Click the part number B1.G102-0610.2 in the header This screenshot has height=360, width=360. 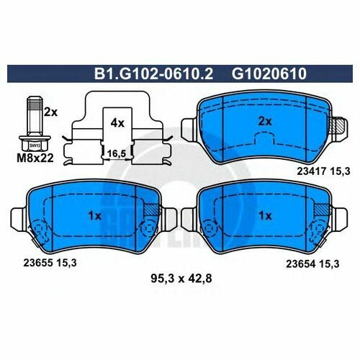point(153,73)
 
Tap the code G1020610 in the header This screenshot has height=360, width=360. point(269,73)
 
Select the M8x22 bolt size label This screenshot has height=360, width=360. point(35,158)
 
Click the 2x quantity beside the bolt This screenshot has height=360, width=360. point(50,112)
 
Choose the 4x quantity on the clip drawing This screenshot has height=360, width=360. point(117,123)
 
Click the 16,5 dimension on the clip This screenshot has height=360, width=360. point(117,153)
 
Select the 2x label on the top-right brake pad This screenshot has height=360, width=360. point(265,122)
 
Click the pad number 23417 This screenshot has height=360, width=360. point(311,171)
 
